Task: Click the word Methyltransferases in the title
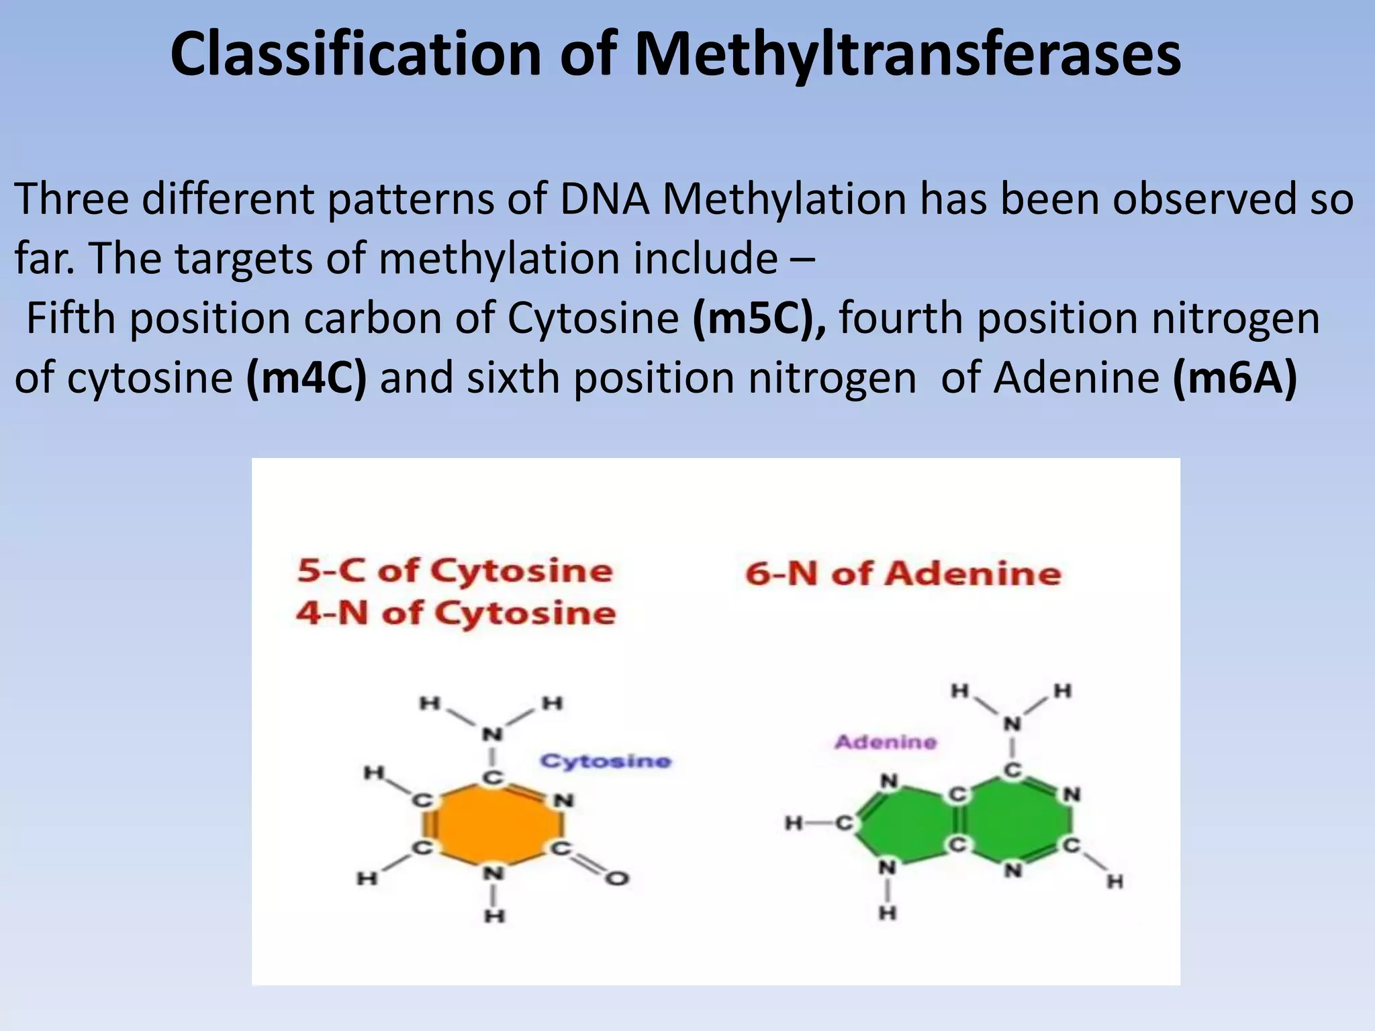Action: tap(907, 55)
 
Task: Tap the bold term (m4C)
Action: tap(307, 378)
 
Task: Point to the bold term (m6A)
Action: tap(1235, 378)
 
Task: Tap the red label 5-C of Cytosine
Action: tap(455, 571)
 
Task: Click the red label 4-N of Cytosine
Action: tap(456, 613)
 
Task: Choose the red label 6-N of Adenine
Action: tap(903, 574)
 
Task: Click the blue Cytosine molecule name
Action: tap(606, 761)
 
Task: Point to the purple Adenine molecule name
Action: tap(886, 742)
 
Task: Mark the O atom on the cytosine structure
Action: tap(618, 878)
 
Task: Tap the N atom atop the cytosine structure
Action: tap(493, 734)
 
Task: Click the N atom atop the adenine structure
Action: tap(1012, 724)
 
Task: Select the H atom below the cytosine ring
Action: tap(495, 916)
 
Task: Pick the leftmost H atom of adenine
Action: tap(794, 823)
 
